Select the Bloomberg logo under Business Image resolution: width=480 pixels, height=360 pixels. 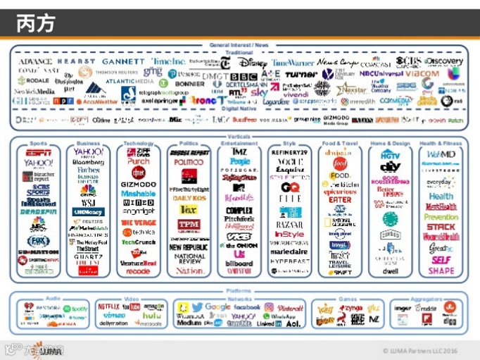pyautogui.click(x=88, y=161)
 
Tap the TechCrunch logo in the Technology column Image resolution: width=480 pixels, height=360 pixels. pyautogui.click(x=138, y=242)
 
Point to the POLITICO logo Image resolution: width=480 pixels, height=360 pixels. pyautogui.click(x=189, y=162)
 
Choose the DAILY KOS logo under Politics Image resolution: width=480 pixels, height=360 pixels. pyautogui.click(x=189, y=199)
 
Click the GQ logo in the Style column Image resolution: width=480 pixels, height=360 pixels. pyautogui.click(x=289, y=187)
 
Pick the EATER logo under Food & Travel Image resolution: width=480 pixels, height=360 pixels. pyautogui.click(x=339, y=200)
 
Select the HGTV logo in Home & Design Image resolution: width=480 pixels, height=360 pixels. pyautogui.click(x=391, y=155)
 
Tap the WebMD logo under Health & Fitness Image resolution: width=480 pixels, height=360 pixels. pyautogui.click(x=441, y=154)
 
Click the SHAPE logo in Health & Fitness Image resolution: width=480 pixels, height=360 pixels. pyautogui.click(x=441, y=271)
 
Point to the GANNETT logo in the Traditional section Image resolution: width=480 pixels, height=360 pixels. pyautogui.click(x=124, y=61)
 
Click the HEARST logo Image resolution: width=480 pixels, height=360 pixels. pyautogui.click(x=76, y=62)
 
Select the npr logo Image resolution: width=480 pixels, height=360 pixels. pyautogui.click(x=63, y=101)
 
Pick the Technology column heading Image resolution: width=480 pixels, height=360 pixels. pyautogui.click(x=138, y=143)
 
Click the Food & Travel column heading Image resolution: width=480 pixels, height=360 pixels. pyautogui.click(x=339, y=143)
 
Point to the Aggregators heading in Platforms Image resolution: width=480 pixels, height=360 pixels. pyautogui.click(x=427, y=298)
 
